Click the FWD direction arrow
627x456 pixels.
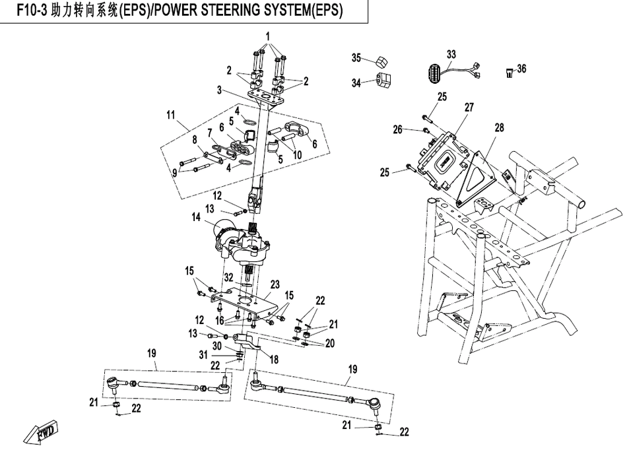pyautogui.click(x=40, y=434)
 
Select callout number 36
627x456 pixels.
pyautogui.click(x=521, y=69)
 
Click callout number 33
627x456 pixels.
pyautogui.click(x=451, y=53)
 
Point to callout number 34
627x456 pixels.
pyautogui.click(x=357, y=82)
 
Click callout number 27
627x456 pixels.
pyautogui.click(x=469, y=107)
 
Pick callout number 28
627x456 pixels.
pyautogui.click(x=499, y=127)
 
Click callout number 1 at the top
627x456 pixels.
pyautogui.click(x=267, y=34)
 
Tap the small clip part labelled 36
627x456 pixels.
pyautogui.click(x=509, y=72)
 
